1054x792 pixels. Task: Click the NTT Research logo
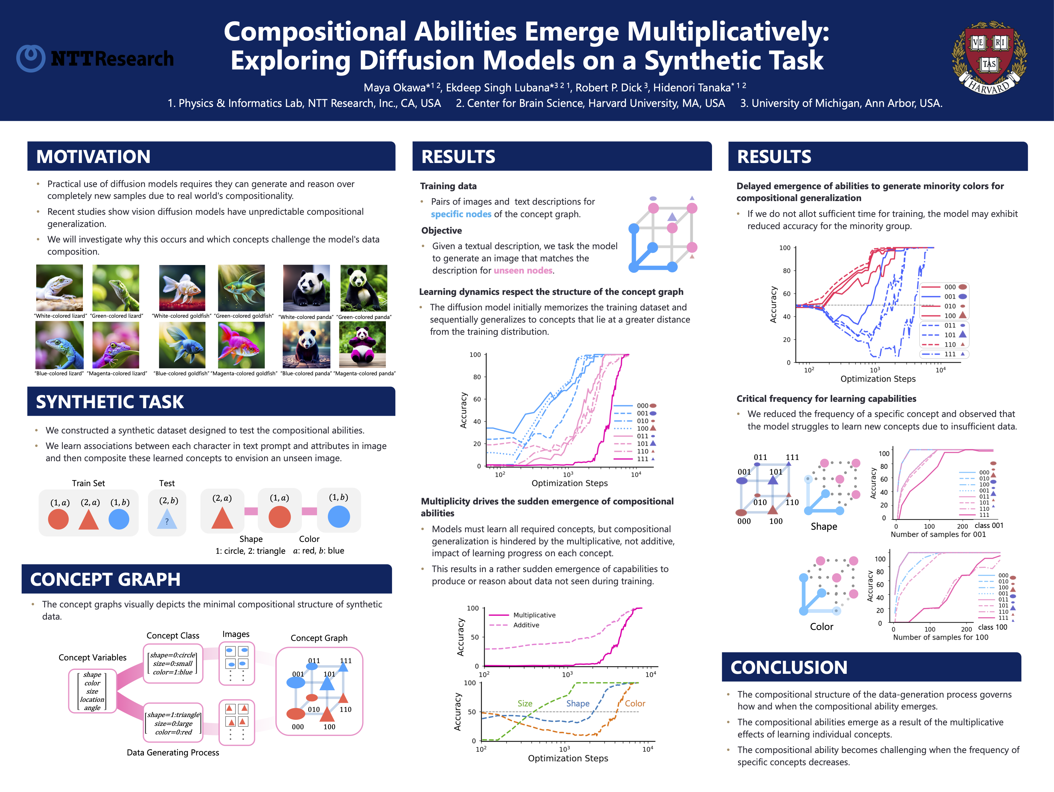pos(95,58)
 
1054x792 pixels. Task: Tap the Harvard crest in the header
pos(989,57)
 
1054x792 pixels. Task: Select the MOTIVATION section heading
pos(93,157)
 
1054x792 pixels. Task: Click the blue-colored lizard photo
pos(59,344)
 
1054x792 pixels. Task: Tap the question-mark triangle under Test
pos(167,519)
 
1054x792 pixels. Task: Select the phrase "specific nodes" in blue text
pos(461,214)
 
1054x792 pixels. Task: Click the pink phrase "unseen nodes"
pos(523,270)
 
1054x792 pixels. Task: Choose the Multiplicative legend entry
pos(534,615)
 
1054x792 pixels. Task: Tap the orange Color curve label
pos(635,703)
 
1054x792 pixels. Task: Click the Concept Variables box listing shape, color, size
pos(92,691)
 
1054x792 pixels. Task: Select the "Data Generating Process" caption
pos(173,752)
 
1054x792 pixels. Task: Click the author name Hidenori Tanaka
pos(691,88)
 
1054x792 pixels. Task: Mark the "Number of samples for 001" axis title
pos(938,534)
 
